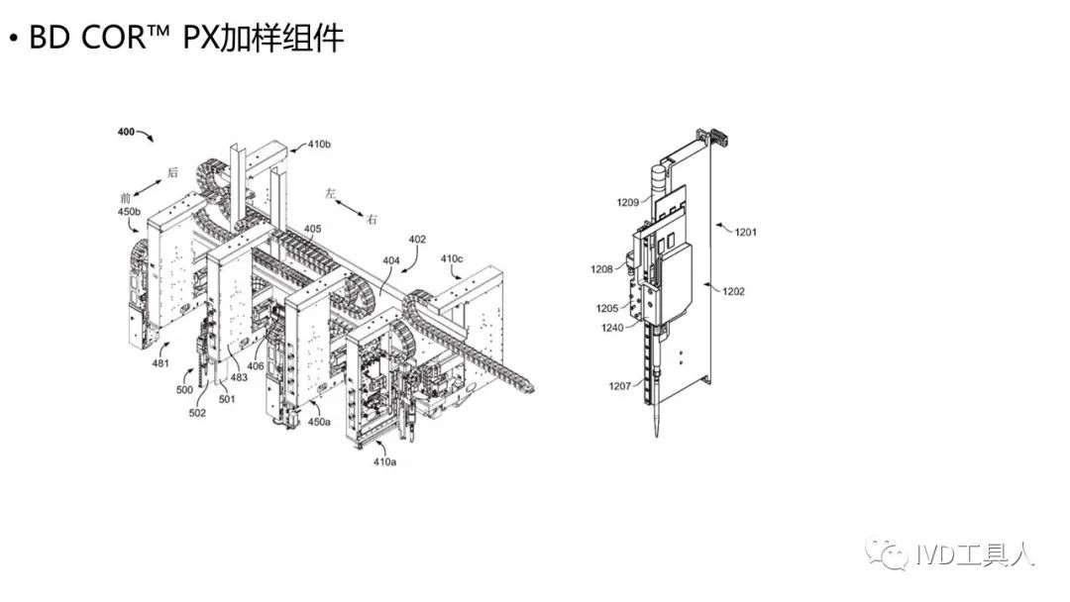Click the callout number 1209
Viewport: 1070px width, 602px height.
pos(626,203)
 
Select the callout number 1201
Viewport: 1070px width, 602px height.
pos(745,232)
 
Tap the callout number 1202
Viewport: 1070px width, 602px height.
pos(733,291)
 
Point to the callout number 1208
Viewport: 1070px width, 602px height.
pos(602,269)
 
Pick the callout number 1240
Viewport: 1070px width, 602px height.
pos(613,328)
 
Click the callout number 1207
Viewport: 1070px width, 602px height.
pos(620,385)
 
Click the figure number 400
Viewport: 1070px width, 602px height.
pos(126,132)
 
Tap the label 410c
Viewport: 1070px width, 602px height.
pos(452,258)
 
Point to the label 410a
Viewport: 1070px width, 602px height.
pos(385,461)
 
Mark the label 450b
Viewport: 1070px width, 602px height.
pos(130,211)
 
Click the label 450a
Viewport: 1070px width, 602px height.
pos(319,422)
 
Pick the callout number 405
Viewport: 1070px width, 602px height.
pos(312,230)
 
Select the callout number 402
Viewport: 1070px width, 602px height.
pos(417,239)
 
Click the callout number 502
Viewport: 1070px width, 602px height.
pos(197,413)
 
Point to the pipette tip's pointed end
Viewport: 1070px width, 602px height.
pos(657,440)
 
